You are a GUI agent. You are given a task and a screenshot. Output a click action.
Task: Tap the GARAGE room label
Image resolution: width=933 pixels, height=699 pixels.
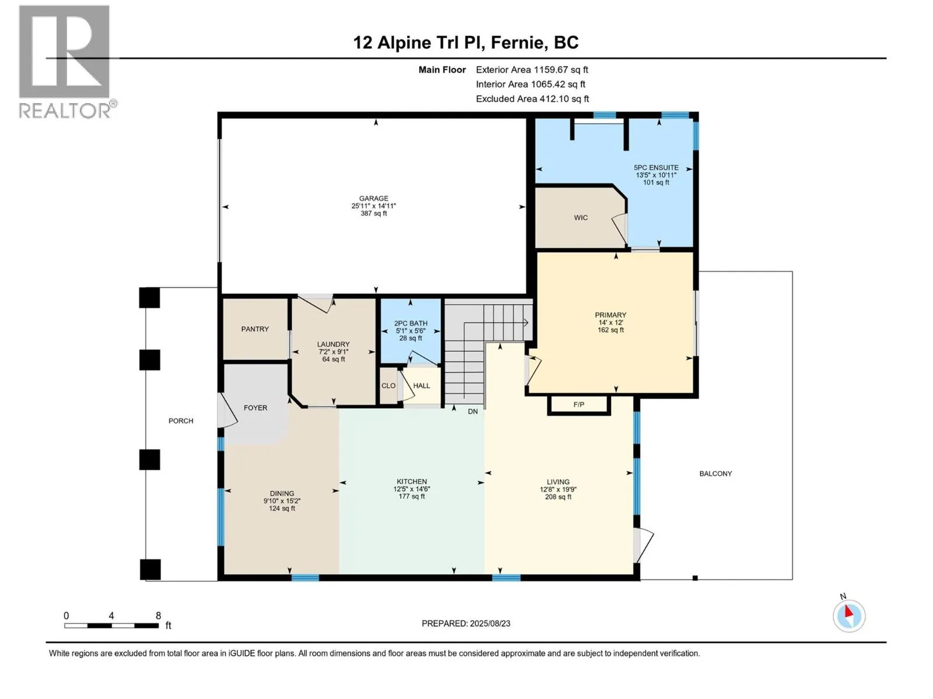pos(374,198)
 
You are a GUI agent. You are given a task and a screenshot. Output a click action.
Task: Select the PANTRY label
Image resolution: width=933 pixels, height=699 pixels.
pos(255,329)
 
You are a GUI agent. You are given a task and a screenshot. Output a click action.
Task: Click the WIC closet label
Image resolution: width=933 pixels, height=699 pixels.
pos(581,218)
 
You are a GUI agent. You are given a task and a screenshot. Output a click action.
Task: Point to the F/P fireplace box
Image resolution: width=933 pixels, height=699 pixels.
pos(579,405)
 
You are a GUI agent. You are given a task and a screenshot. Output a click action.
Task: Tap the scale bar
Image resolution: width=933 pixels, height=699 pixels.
pos(112,625)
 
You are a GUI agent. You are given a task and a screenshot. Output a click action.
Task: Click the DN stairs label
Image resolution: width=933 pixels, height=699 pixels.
pos(473,411)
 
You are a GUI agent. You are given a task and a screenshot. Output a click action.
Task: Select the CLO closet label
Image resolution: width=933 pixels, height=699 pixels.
pos(388,386)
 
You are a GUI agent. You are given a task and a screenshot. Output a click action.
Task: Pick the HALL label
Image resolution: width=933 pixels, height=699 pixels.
pos(422,386)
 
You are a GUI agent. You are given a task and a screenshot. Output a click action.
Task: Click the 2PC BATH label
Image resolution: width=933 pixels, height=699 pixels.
pos(411,323)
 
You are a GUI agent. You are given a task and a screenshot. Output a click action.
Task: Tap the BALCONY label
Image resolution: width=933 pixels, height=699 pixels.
pos(716,474)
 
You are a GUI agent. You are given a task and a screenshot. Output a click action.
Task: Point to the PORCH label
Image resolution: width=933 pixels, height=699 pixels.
pos(181,421)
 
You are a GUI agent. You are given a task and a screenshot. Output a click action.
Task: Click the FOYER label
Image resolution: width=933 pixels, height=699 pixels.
pos(255,408)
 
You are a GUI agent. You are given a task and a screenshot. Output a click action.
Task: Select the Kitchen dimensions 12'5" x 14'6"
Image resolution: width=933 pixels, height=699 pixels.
pos(412,489)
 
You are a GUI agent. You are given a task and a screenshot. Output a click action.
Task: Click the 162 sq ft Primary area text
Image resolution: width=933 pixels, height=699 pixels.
pos(611,330)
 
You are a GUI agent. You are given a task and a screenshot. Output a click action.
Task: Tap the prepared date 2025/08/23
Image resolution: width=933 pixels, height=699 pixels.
pos(490,623)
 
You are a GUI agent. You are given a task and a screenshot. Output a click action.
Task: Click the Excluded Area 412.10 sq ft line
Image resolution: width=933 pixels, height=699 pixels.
pos(532,99)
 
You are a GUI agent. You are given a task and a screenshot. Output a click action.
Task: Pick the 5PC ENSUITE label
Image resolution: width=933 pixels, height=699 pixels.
pos(656,168)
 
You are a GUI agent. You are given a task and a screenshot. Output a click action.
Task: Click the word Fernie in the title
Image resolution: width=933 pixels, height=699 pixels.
pos(517,43)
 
